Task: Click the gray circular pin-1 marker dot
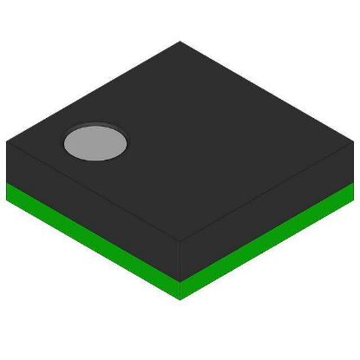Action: click(x=95, y=142)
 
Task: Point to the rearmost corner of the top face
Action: click(x=180, y=42)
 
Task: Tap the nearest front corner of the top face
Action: click(x=180, y=241)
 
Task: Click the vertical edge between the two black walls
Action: click(x=180, y=260)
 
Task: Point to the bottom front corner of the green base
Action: click(x=180, y=299)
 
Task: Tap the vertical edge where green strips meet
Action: click(x=180, y=290)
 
